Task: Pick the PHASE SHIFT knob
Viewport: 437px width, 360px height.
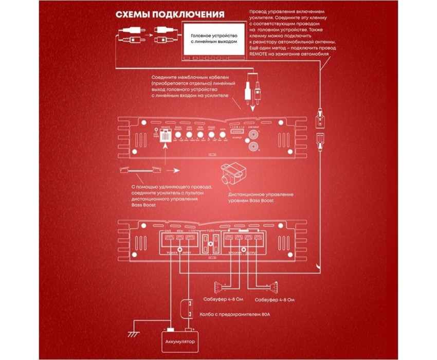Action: [211, 136]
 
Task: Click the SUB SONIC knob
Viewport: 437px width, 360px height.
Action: [199, 136]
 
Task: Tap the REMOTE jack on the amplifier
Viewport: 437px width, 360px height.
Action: [166, 136]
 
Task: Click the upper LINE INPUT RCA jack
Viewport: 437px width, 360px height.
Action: [253, 135]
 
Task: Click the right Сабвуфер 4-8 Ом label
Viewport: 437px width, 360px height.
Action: [275, 299]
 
